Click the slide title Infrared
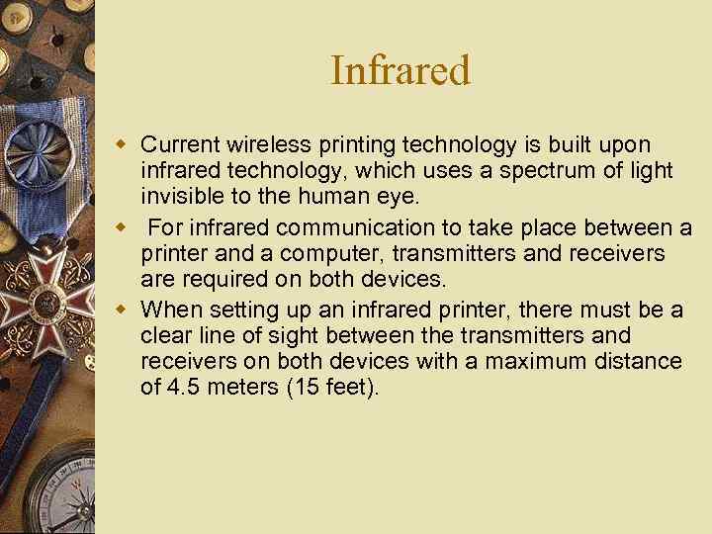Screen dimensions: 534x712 400,70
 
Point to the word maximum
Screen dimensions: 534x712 544,361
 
